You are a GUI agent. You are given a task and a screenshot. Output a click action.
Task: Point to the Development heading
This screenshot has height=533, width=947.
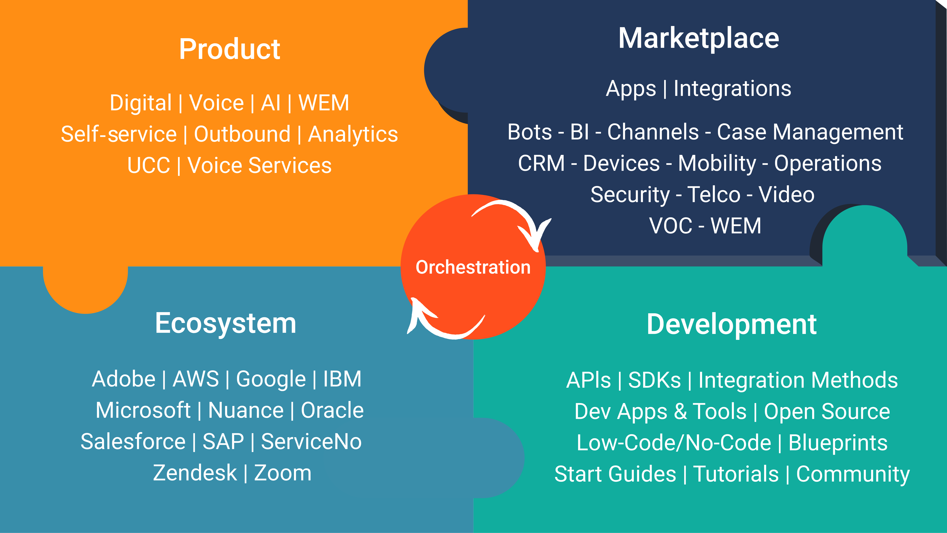(731, 324)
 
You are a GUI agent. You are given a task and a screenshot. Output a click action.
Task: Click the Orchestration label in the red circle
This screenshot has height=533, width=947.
(473, 267)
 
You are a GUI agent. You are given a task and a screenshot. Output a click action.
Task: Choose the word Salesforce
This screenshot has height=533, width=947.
(133, 442)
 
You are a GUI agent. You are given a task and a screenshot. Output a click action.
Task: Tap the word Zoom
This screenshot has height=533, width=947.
(283, 473)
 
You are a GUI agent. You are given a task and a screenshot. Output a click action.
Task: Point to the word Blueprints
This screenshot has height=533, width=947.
(838, 443)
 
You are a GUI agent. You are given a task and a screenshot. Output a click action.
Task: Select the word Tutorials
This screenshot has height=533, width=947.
(736, 474)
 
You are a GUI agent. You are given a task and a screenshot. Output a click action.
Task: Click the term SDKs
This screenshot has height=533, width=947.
(654, 380)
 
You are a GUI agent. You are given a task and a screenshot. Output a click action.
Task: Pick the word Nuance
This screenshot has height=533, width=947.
(246, 410)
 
